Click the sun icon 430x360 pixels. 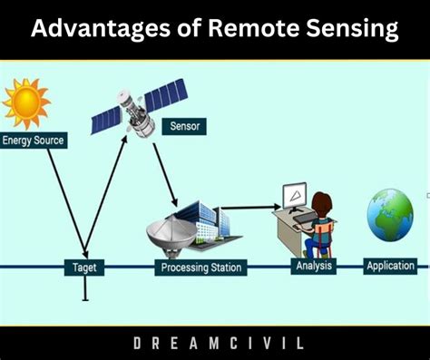tap(25, 102)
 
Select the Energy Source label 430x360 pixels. tap(34, 141)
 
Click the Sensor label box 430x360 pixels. tap(184, 127)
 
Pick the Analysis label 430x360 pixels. tap(315, 266)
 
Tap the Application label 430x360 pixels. tap(390, 266)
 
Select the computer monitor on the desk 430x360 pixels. tap(294, 196)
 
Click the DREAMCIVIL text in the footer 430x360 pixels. tap(214, 344)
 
